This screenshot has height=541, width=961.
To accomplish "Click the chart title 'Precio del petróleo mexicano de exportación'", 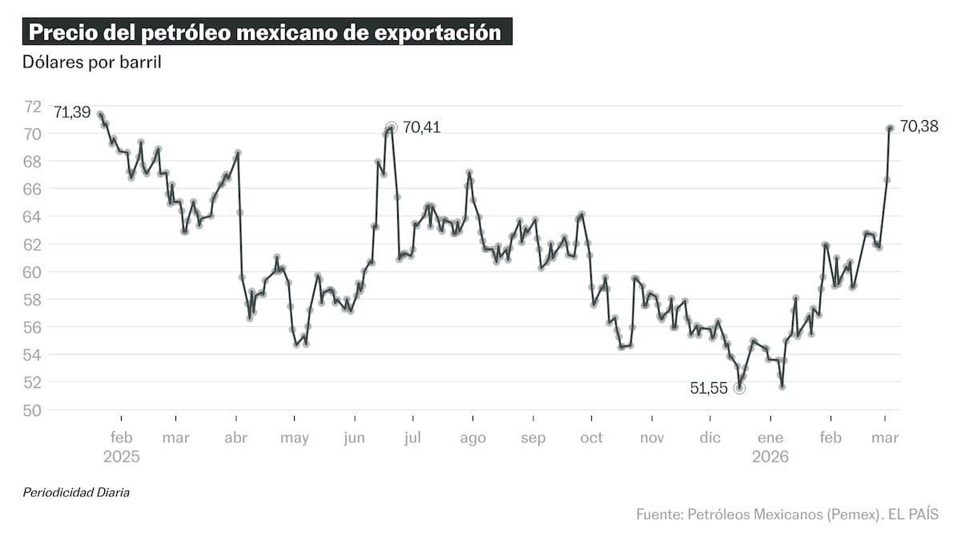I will [x=265, y=33].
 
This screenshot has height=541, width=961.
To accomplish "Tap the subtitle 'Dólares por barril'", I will [x=92, y=63].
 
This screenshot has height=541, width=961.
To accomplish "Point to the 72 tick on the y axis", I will [x=34, y=106].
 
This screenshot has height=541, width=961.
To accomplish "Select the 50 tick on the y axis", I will [x=34, y=410].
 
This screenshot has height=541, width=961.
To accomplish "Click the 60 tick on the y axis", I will [x=34, y=272].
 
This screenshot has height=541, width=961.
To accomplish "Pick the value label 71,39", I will [x=72, y=112].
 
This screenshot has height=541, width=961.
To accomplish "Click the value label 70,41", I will [x=421, y=127].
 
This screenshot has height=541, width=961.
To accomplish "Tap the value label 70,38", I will [x=919, y=126].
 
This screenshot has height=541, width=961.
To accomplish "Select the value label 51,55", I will [x=709, y=388].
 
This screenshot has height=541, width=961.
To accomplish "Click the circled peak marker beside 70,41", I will [x=391, y=127].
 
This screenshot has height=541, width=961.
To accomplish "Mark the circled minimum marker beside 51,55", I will [x=739, y=388].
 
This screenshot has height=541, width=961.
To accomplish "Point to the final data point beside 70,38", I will [x=890, y=127].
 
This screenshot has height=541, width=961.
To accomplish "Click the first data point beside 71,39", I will [x=100, y=115].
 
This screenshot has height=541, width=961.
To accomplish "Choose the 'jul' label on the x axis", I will [x=413, y=438].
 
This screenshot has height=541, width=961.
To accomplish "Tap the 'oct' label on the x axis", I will [x=591, y=438].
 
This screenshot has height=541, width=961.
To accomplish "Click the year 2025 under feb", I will [x=122, y=457].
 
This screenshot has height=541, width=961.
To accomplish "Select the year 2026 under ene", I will [x=770, y=457].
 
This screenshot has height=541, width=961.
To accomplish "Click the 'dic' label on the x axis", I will [x=710, y=438].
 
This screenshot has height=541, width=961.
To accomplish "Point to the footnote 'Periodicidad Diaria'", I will [x=76, y=492].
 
